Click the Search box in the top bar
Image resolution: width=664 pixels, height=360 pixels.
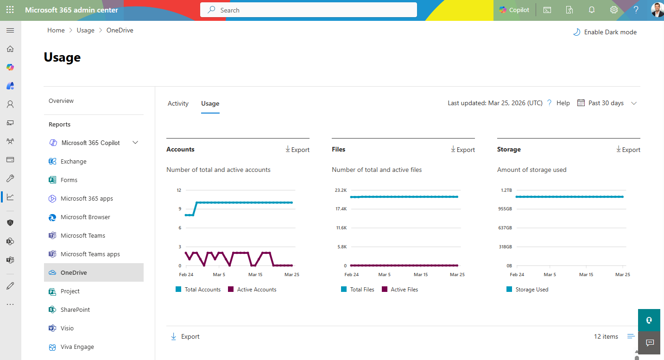click(x=308, y=10)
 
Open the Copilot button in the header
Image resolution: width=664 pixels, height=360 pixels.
click(x=514, y=10)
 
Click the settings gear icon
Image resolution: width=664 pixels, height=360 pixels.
click(x=614, y=10)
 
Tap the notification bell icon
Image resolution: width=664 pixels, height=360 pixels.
click(x=592, y=10)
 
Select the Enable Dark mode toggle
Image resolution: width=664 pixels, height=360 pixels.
click(x=605, y=32)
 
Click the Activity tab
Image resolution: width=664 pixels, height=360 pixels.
click(x=178, y=103)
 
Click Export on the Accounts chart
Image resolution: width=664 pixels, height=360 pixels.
click(x=297, y=150)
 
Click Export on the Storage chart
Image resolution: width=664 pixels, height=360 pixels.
click(x=628, y=150)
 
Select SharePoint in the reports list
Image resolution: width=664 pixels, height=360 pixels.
click(x=75, y=309)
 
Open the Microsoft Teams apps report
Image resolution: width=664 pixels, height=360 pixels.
click(x=90, y=254)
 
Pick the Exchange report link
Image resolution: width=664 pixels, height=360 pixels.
click(x=73, y=161)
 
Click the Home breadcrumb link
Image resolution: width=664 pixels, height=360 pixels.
click(x=56, y=30)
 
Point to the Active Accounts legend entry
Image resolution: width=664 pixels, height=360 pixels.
click(x=256, y=290)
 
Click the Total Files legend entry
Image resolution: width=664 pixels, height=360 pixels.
click(x=362, y=290)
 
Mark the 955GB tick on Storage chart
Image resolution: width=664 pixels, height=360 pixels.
click(x=505, y=209)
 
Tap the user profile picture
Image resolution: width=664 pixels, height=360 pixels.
click(x=657, y=10)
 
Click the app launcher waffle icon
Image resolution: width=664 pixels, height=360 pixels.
click(x=10, y=10)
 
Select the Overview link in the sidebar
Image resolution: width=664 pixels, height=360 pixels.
click(x=61, y=101)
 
